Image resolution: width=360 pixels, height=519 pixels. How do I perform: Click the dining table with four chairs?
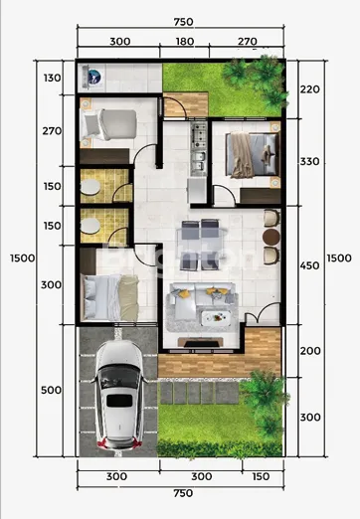(208, 234)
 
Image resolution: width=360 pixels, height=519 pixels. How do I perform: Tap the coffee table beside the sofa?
(215, 318)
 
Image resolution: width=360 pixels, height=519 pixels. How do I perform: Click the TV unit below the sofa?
(199, 343)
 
